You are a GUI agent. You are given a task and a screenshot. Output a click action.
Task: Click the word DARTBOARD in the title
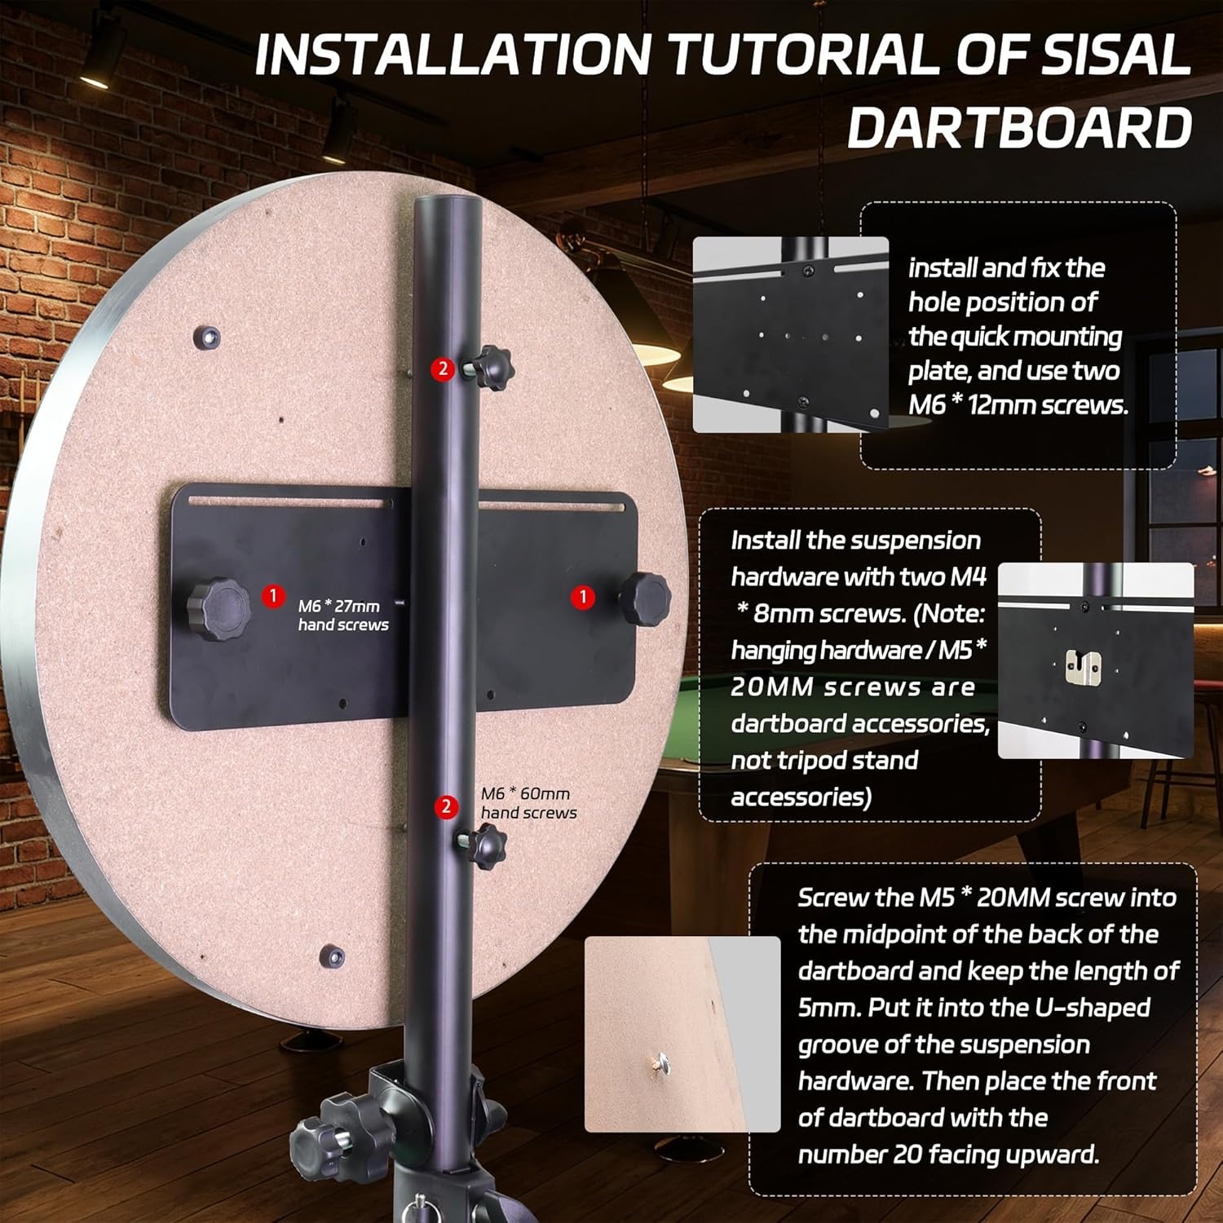point(1020,127)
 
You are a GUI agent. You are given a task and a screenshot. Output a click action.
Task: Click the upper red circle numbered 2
point(443,369)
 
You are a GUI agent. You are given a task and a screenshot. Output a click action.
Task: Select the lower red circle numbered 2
point(446,807)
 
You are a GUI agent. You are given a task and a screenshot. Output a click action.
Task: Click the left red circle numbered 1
point(273,596)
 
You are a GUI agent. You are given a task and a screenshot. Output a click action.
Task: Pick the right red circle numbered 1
point(582,597)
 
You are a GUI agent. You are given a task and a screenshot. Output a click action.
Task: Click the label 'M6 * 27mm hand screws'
point(343,615)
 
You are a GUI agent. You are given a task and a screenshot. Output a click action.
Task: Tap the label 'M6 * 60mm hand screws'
point(528,803)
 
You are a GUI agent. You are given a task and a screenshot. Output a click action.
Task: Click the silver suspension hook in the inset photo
point(1084,668)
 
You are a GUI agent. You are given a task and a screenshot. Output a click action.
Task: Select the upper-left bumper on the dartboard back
point(210,336)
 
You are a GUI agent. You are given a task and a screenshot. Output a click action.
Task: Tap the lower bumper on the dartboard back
point(332,956)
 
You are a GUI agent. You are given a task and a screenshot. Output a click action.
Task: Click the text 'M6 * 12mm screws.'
point(1018,404)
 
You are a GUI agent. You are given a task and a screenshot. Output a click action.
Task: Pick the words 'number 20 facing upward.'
point(948,1154)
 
